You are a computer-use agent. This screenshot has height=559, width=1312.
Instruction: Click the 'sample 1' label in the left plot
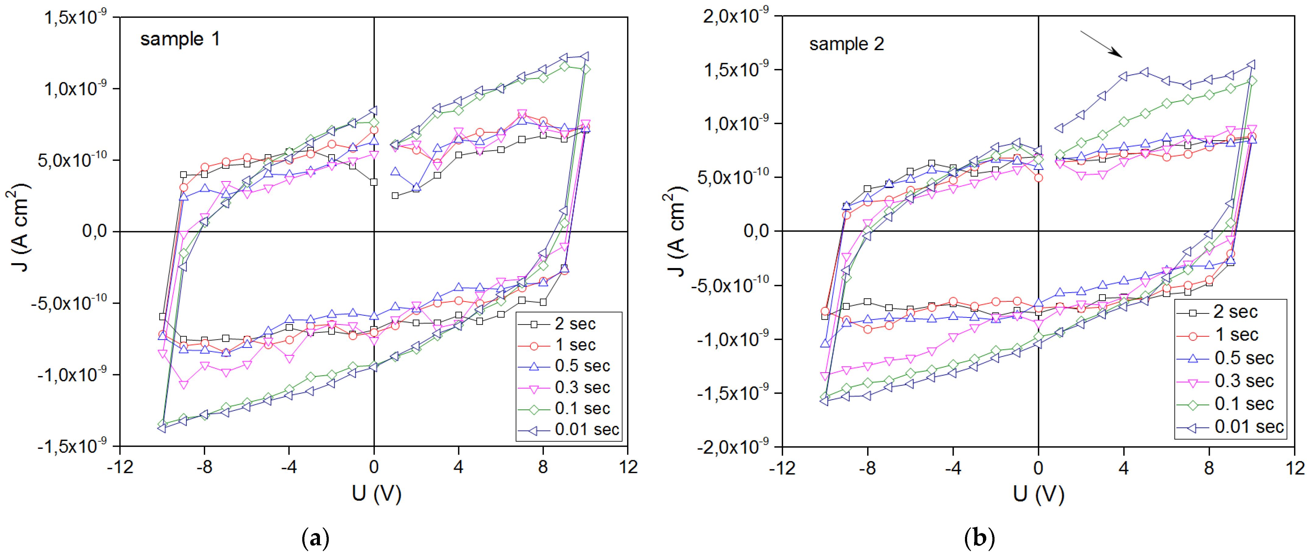[x=180, y=39]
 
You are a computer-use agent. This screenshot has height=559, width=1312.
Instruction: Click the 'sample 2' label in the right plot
[x=846, y=44]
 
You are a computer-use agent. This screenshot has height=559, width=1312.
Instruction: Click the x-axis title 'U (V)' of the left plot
[x=376, y=493]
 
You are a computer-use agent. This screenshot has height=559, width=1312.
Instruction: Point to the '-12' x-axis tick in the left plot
[x=120, y=467]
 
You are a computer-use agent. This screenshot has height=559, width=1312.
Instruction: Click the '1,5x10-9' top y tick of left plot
[x=75, y=17]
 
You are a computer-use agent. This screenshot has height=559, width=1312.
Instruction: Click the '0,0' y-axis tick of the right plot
[x=756, y=231]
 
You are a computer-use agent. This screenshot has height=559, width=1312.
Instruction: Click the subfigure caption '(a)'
[x=315, y=538]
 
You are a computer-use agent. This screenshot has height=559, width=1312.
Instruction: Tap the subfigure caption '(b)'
[x=979, y=538]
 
